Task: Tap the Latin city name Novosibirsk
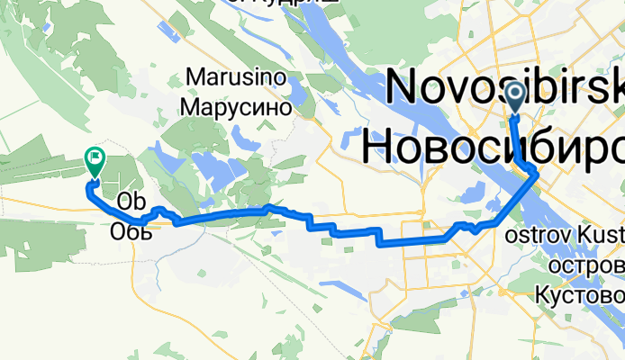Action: (504, 86)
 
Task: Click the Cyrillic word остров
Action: (586, 267)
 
